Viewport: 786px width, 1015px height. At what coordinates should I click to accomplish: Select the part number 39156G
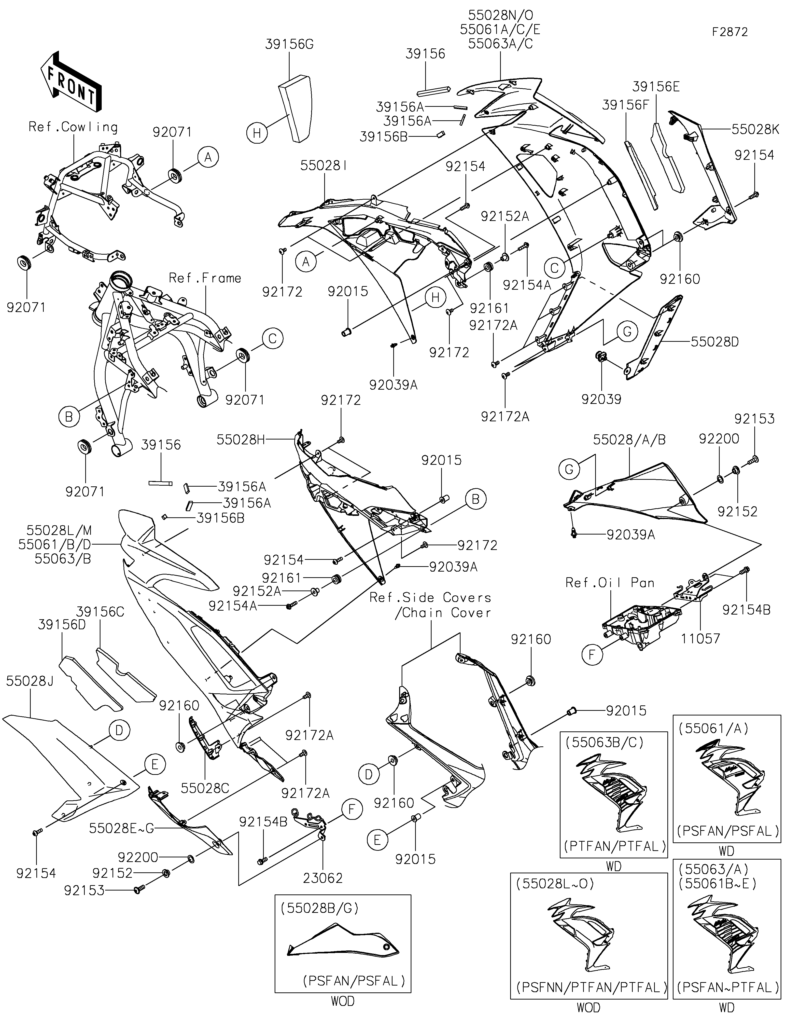[289, 45]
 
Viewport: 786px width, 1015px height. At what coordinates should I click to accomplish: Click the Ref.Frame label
[205, 278]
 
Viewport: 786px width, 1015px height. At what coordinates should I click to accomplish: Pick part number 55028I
[323, 166]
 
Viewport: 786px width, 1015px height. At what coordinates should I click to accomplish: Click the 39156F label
[625, 105]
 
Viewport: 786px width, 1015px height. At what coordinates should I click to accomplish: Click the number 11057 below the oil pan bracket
[701, 639]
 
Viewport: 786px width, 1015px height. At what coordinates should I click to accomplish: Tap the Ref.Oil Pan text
[610, 583]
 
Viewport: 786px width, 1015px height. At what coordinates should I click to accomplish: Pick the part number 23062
[323, 878]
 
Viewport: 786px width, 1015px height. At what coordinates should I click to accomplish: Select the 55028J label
[30, 682]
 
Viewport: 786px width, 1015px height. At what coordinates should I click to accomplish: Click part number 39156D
[62, 625]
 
